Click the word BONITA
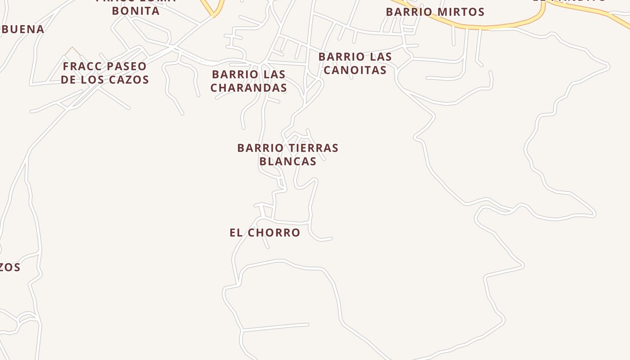click(136, 11)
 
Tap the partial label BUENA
click(22, 30)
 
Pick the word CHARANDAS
click(248, 88)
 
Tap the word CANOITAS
click(355, 70)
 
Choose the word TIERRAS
click(311, 148)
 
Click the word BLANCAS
click(288, 161)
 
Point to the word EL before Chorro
click(237, 233)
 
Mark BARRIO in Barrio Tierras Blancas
click(258, 148)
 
